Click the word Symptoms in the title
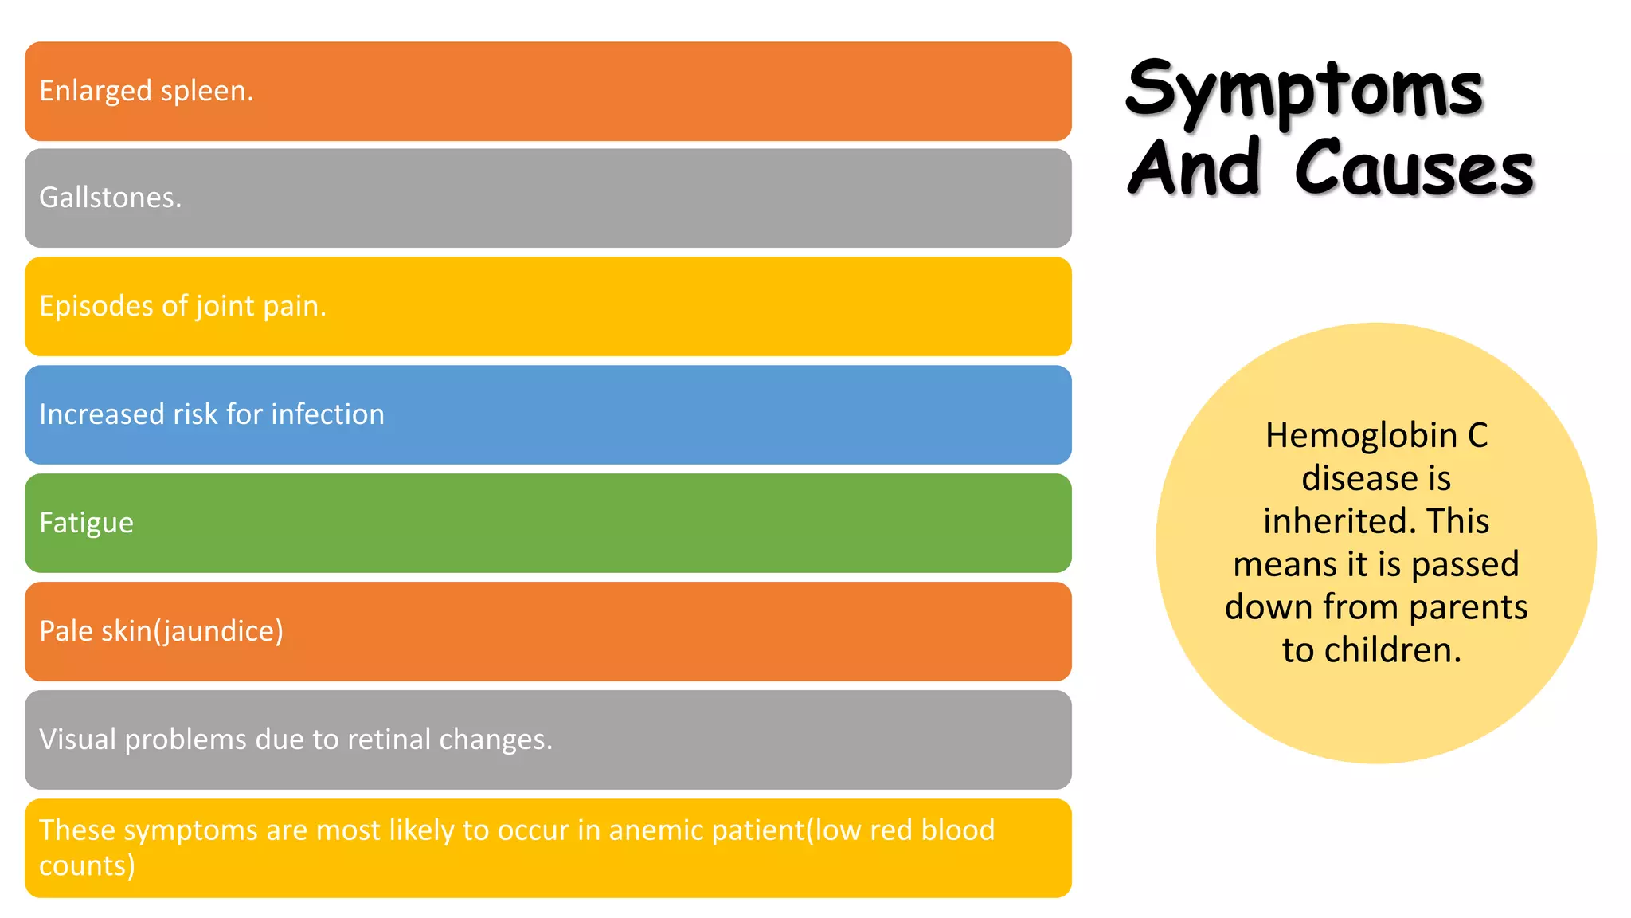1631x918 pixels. click(x=1304, y=89)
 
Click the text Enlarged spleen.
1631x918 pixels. click(x=147, y=91)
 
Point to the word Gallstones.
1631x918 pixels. click(x=111, y=198)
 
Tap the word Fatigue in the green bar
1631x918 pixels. click(x=86, y=524)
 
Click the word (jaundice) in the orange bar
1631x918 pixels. click(x=218, y=631)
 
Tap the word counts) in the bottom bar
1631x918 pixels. click(x=87, y=866)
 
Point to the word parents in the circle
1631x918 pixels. click(x=1468, y=607)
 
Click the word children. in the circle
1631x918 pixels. click(x=1393, y=650)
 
